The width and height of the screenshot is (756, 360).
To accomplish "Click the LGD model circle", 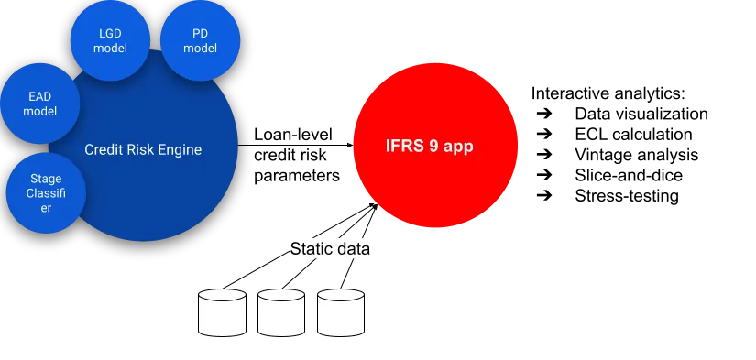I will [111, 40].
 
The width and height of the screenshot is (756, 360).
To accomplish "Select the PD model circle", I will [200, 41].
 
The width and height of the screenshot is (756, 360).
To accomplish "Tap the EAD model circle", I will [40, 104].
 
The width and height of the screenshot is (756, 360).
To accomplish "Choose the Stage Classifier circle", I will [46, 193].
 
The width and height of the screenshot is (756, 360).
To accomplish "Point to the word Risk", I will [141, 149].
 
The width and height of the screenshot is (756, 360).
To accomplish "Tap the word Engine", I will [181, 149].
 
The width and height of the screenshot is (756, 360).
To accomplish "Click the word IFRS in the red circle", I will [404, 146].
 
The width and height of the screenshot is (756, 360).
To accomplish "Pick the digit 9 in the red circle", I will [434, 146].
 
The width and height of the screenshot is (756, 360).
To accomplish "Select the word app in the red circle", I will [459, 147].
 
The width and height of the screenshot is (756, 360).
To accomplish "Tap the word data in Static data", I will [353, 248].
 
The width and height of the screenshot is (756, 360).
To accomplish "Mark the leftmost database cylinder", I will [223, 312].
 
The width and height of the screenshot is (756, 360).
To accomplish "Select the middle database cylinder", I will [281, 312].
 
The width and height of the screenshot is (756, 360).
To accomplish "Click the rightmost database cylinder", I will [341, 312].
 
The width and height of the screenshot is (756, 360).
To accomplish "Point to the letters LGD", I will [111, 34].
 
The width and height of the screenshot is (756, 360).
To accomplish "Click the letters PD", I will [200, 34].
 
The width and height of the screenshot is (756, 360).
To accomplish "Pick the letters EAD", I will [40, 96].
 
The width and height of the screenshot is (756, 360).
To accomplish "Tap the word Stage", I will [46, 180].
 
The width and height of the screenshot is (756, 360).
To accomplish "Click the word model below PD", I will [200, 49].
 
